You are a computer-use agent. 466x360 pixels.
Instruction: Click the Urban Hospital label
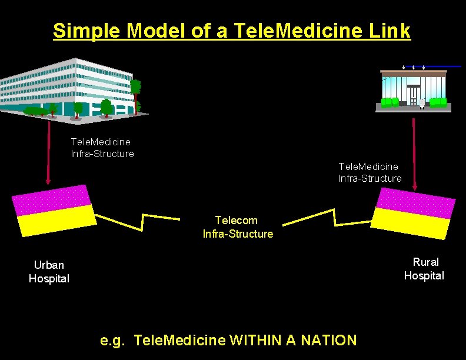click(x=49, y=272)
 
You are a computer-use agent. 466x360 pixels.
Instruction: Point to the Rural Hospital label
click(x=424, y=269)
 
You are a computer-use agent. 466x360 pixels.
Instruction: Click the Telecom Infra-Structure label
click(x=238, y=227)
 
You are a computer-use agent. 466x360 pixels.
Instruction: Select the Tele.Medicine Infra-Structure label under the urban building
click(x=102, y=148)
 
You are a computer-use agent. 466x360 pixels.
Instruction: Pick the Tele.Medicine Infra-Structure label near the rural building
click(x=370, y=172)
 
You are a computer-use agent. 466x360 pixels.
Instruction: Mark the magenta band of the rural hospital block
click(x=416, y=202)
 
